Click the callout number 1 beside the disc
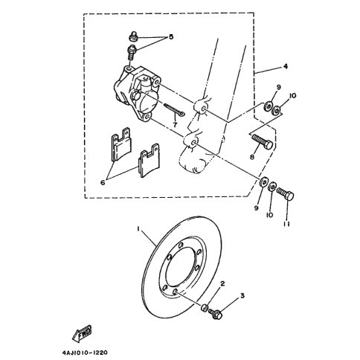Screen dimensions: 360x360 (x=139, y=229)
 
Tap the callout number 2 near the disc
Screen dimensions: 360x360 (x=222, y=283)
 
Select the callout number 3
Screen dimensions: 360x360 (x=242, y=295)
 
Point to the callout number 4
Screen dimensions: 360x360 (x=286, y=66)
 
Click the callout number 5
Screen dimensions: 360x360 (x=171, y=37)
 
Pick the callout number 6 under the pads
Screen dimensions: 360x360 (x=103, y=183)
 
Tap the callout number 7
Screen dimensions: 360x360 (x=175, y=125)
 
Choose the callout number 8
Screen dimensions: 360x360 (x=252, y=157)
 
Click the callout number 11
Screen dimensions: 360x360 (x=286, y=224)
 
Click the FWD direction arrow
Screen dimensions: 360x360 (x=82, y=333)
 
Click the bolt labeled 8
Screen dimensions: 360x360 (x=263, y=141)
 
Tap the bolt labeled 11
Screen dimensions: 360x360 (x=286, y=194)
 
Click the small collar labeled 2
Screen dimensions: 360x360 (x=205, y=308)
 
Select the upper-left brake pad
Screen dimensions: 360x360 (x=120, y=144)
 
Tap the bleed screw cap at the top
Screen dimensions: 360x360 (x=134, y=36)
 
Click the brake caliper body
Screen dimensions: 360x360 (x=137, y=94)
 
